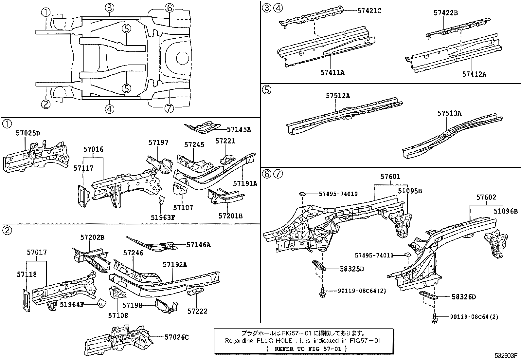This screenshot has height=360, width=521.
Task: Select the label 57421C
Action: coord(369,10)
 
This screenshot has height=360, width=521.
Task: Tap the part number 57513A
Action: coord(449,113)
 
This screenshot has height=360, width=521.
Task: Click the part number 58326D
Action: coord(463,297)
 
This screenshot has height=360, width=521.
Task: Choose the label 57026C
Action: coord(177,337)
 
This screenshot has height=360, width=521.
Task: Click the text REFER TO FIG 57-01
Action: coord(307,349)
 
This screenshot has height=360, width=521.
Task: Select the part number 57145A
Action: coord(239,129)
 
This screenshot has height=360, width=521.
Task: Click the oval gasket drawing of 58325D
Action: coord(318,264)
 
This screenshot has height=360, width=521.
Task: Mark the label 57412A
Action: coord(474,74)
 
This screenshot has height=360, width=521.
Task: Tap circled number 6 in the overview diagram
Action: coord(169,8)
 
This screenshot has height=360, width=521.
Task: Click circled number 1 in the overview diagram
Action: coord(46,12)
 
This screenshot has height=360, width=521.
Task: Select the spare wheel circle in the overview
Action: coord(182,58)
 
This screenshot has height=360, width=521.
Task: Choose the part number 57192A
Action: coord(175,265)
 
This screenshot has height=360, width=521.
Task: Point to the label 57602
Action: coord(486,198)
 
